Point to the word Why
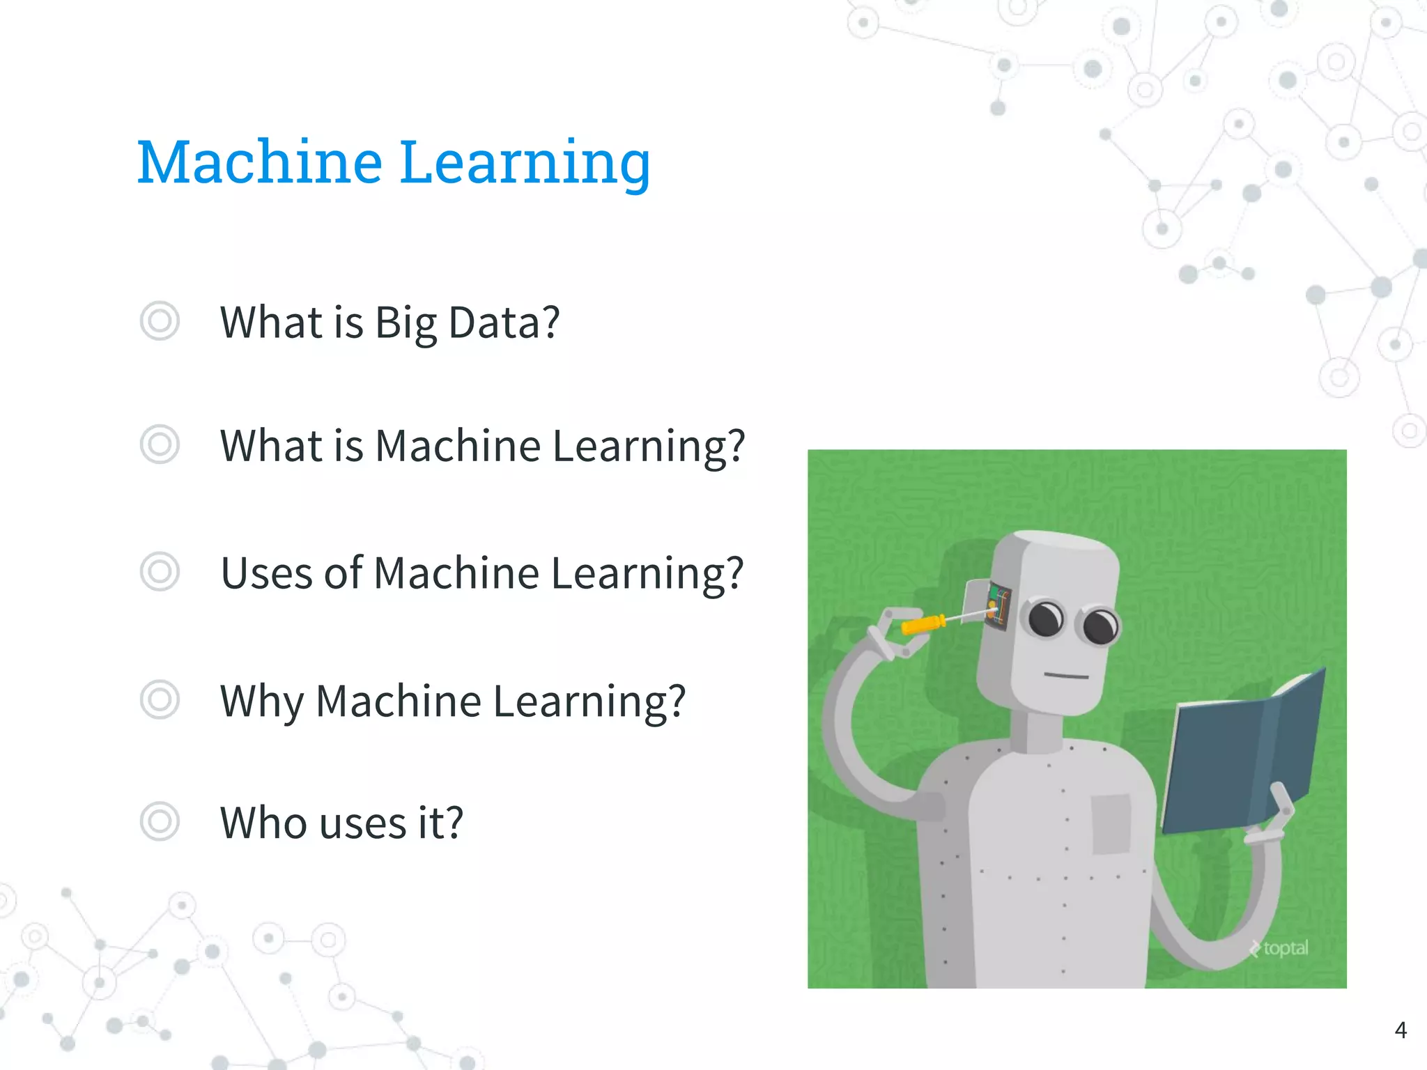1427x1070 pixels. tap(262, 701)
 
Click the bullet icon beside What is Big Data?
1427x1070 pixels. tap(160, 321)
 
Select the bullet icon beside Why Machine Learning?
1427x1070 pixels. tap(160, 699)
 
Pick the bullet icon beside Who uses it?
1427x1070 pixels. tap(160, 821)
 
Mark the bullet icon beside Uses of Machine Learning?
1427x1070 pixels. tap(160, 572)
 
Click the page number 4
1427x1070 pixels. tap(1401, 1030)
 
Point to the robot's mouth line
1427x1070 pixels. tap(1065, 675)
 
